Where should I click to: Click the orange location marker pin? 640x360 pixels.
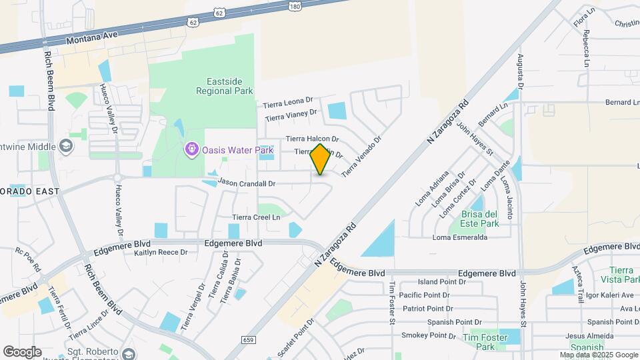pyautogui.click(x=321, y=159)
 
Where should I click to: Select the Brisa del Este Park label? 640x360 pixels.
pyautogui.click(x=479, y=219)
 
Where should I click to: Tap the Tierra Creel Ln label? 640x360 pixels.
pyautogui.click(x=256, y=217)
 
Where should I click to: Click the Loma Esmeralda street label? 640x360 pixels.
pyautogui.click(x=460, y=237)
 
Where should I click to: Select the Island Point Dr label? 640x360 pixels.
pyautogui.click(x=441, y=282)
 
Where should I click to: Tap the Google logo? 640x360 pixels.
pyautogui.click(x=22, y=351)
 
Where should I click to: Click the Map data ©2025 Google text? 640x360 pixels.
pyautogui.click(x=598, y=355)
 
